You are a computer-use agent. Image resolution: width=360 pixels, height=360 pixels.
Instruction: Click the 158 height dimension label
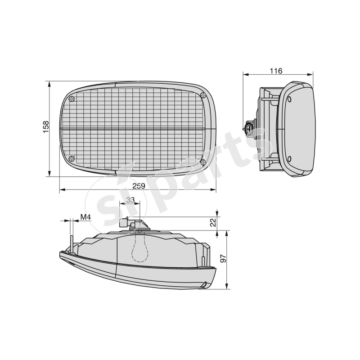coord(46,127)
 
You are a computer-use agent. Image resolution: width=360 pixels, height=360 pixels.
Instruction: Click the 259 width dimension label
coord(139,186)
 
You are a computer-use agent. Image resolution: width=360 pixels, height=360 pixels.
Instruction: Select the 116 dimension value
coord(276,71)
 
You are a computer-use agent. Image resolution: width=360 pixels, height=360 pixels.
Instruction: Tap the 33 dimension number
coord(130,200)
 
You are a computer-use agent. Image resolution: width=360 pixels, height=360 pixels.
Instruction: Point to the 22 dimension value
coord(213,222)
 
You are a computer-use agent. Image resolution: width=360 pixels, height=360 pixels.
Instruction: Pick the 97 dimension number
coord(223,258)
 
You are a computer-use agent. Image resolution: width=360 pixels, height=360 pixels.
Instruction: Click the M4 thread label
coord(85,217)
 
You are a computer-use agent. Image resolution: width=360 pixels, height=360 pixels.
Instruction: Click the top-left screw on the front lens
coord(72,99)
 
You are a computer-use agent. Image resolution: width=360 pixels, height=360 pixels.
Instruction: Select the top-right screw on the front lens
coord(203,95)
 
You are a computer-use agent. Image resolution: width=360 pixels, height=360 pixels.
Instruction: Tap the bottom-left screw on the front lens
coord(72,158)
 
